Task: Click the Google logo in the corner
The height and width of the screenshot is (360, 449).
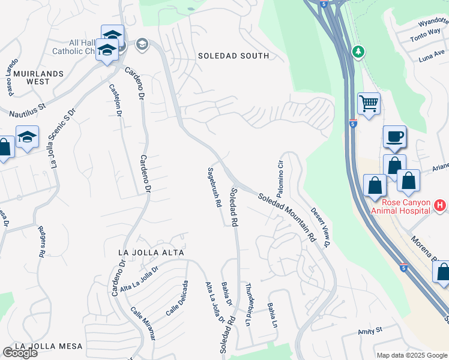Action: (19, 353)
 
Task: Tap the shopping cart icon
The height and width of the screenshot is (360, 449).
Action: (369, 103)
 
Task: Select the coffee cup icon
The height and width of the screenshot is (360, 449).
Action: (394, 136)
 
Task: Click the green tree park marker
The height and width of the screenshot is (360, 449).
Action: (358, 52)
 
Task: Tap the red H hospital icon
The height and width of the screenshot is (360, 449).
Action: (440, 205)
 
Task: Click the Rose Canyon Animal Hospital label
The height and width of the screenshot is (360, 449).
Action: (400, 206)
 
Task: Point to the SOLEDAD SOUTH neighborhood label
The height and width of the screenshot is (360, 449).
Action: (234, 56)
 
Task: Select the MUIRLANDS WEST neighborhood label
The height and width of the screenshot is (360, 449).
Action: (31, 77)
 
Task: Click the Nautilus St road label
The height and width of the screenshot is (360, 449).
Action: (28, 110)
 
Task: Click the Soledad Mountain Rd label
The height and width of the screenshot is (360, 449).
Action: (287, 217)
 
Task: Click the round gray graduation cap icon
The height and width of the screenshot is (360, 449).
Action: (142, 44)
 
